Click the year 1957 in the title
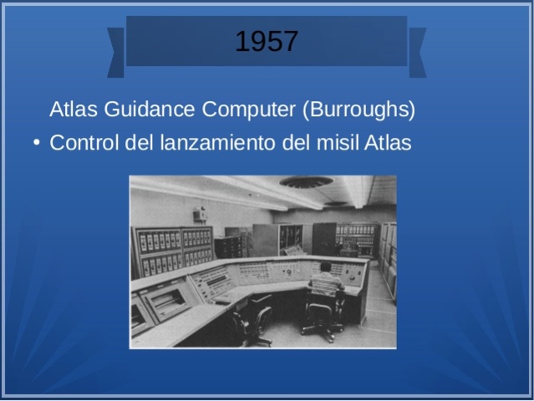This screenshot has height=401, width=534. tap(266, 41)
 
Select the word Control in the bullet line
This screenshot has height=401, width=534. tap(84, 143)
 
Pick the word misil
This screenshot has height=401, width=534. tap(338, 143)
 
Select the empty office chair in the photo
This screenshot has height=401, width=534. tap(252, 321)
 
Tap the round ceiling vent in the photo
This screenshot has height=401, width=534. tap(306, 182)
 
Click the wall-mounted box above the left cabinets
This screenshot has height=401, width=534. tap(200, 214)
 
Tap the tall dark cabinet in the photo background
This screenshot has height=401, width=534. tap(323, 237)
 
